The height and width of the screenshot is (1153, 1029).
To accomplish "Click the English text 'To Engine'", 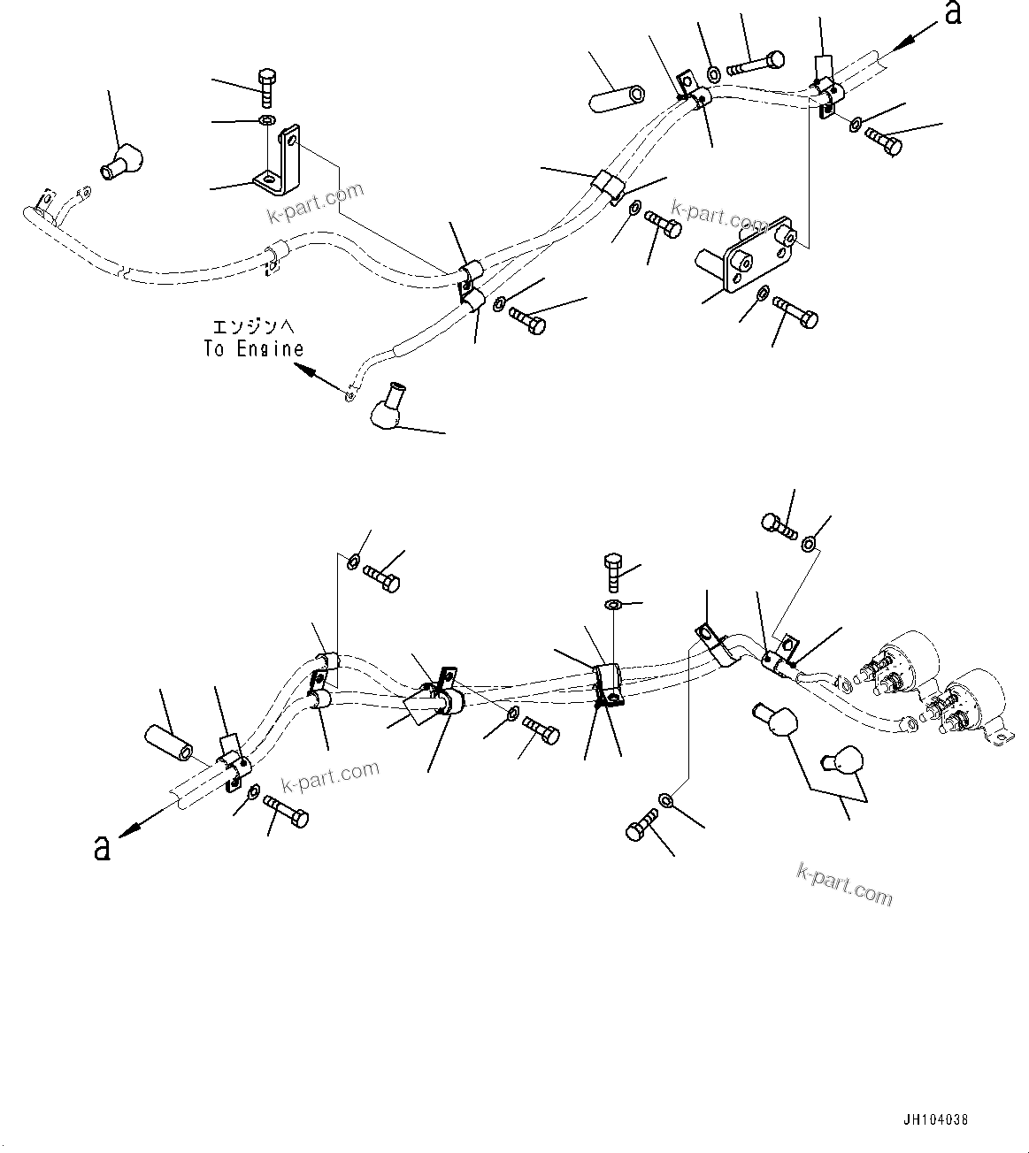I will [x=253, y=349].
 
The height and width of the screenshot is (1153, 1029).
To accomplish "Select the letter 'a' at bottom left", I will [x=102, y=849].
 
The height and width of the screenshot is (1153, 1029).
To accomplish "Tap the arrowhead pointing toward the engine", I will [x=305, y=371].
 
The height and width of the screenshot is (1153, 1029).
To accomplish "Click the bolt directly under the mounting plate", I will [x=795, y=312].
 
